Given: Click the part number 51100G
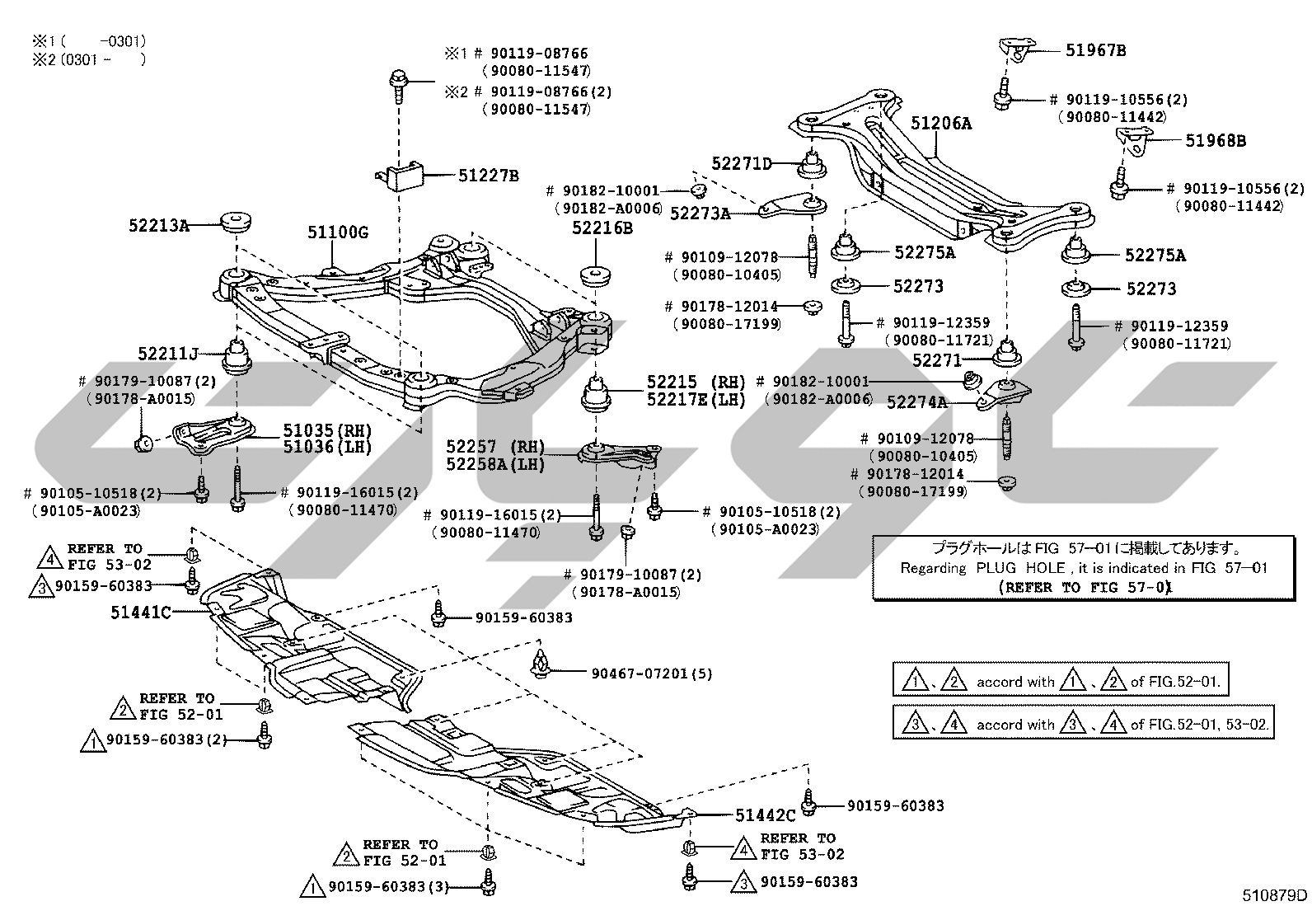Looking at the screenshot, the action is point(338,232).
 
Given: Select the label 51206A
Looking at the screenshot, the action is point(941,123).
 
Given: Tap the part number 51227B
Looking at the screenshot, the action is point(489,176).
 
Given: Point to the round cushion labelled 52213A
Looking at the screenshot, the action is point(237,222).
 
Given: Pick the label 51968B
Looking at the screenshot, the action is point(1216,141).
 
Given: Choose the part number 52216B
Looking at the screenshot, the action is point(602,228).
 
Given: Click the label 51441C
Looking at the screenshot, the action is point(141,613).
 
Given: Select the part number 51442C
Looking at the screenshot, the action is point(766,815).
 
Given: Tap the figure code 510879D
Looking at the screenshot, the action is point(1275,894).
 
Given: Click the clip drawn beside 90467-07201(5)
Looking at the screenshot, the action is point(540,664).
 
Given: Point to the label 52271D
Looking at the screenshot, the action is point(742,163).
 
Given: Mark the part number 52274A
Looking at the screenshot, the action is point(916,402).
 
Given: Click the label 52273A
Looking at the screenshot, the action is point(700,214).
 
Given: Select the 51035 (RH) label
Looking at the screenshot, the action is point(327,430).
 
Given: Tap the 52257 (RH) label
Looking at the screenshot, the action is point(495,447).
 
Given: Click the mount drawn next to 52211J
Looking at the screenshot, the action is point(237,355).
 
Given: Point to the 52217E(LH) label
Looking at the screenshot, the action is point(696,401).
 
